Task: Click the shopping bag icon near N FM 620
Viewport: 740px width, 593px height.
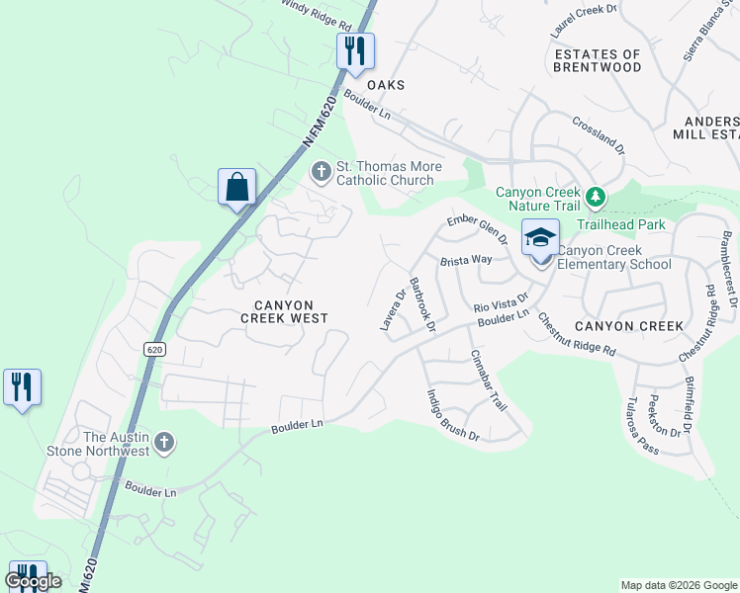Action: (x=236, y=186)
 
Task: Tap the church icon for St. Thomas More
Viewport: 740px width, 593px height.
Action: (x=321, y=172)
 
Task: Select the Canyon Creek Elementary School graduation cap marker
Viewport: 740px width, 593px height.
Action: (x=540, y=238)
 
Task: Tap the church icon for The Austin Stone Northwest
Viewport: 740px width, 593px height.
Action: (x=165, y=443)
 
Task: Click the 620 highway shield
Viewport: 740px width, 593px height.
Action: (x=153, y=350)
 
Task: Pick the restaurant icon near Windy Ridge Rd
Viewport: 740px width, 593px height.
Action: (x=355, y=49)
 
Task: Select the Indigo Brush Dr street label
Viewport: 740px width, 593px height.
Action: (x=452, y=415)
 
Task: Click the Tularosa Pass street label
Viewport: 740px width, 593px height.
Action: (x=649, y=432)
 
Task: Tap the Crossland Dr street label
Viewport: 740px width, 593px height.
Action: (x=599, y=134)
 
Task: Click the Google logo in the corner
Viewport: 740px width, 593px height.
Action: (x=33, y=580)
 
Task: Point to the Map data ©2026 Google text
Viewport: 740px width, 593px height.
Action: (x=678, y=585)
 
